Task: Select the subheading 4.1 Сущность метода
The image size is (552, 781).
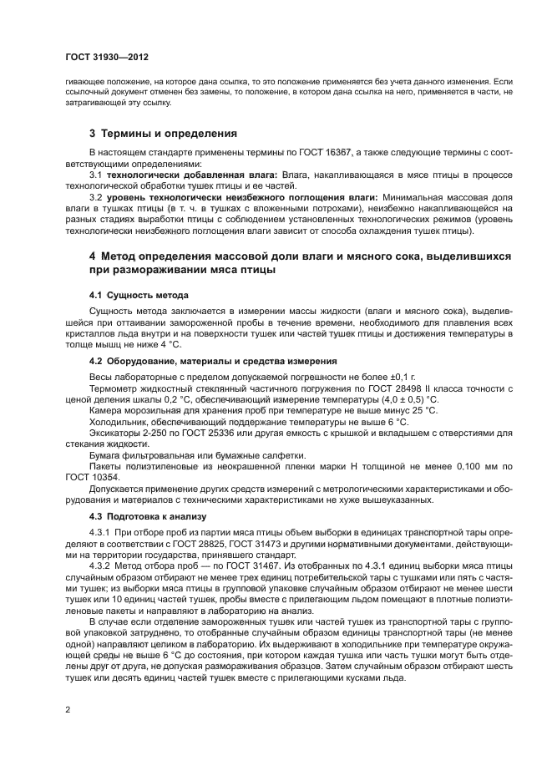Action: point(139,296)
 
